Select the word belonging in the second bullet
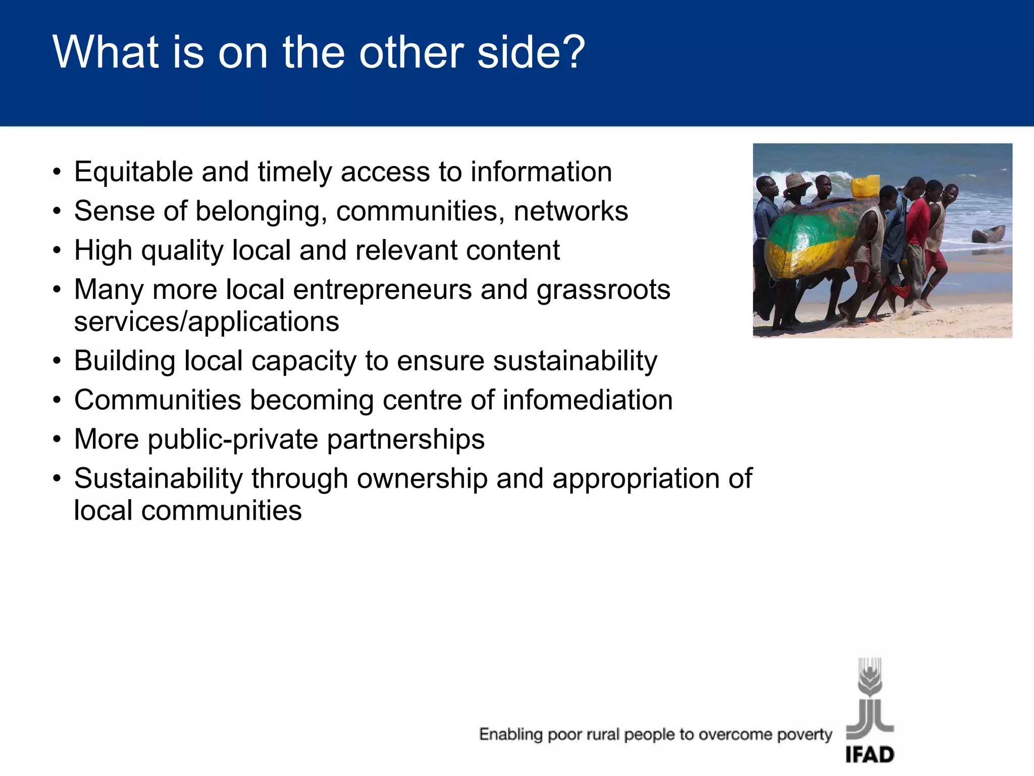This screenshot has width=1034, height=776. pyautogui.click(x=258, y=211)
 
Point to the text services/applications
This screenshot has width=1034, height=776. pyautogui.click(x=206, y=322)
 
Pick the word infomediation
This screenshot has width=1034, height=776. pyautogui.click(x=587, y=400)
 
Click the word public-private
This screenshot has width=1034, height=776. pyautogui.click(x=233, y=439)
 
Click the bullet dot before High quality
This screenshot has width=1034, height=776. pyautogui.click(x=58, y=251)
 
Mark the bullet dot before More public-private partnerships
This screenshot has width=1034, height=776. pyautogui.click(x=58, y=440)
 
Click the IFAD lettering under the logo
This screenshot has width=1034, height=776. pyautogui.click(x=869, y=755)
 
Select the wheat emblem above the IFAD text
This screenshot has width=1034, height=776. pyautogui.click(x=869, y=677)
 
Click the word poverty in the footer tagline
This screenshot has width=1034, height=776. pyautogui.click(x=804, y=734)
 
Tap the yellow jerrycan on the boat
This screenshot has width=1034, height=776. pyautogui.click(x=865, y=186)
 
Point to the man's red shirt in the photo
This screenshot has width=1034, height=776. pyautogui.click(x=917, y=222)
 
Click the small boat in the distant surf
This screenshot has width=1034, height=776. pyautogui.click(x=988, y=234)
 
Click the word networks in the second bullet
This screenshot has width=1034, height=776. pyautogui.click(x=571, y=211)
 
